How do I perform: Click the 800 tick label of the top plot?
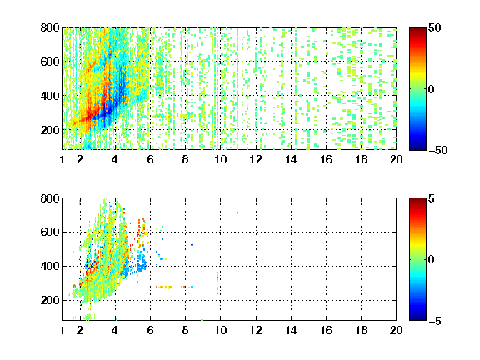(50, 27)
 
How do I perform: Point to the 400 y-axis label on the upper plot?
(50, 96)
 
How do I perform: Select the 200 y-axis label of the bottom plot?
(50, 300)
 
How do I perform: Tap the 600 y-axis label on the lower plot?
(50, 232)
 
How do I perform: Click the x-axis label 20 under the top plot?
(396, 159)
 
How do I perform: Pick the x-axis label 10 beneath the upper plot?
(220, 159)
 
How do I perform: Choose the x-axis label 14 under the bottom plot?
(291, 330)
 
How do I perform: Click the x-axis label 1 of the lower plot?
(62, 330)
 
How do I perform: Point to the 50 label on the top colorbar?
(435, 27)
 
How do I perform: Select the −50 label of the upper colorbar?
(438, 150)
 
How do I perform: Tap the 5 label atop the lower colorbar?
(432, 198)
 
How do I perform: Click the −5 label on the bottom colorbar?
(435, 321)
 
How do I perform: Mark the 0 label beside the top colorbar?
(432, 89)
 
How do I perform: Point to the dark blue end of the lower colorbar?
(417, 318)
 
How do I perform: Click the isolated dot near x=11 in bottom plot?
(237, 212)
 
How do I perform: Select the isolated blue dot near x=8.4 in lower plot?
(192, 245)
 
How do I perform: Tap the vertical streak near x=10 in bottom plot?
(217, 283)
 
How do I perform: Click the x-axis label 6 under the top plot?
(150, 159)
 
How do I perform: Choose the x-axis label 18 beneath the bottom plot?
(361, 330)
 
